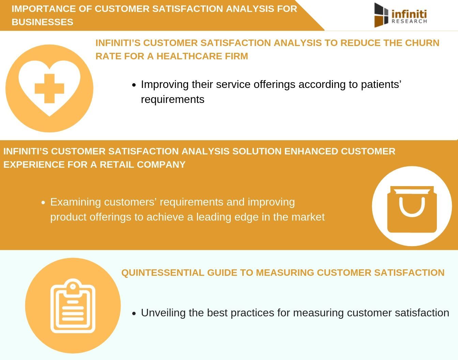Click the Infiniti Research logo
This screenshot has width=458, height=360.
pyautogui.click(x=400, y=15)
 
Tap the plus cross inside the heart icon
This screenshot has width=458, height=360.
pyautogui.click(x=49, y=88)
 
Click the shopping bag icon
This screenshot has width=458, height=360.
pyautogui.click(x=412, y=209)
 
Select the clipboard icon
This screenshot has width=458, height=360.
pyautogui.click(x=73, y=306)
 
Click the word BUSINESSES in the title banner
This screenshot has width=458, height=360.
pyautogui.click(x=42, y=22)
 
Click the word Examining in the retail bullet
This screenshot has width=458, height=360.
pyautogui.click(x=76, y=202)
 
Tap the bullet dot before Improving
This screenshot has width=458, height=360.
pyautogui.click(x=134, y=85)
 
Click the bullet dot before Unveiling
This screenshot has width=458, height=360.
pyautogui.click(x=134, y=313)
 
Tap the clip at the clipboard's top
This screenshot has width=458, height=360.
pyautogui.click(x=73, y=286)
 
